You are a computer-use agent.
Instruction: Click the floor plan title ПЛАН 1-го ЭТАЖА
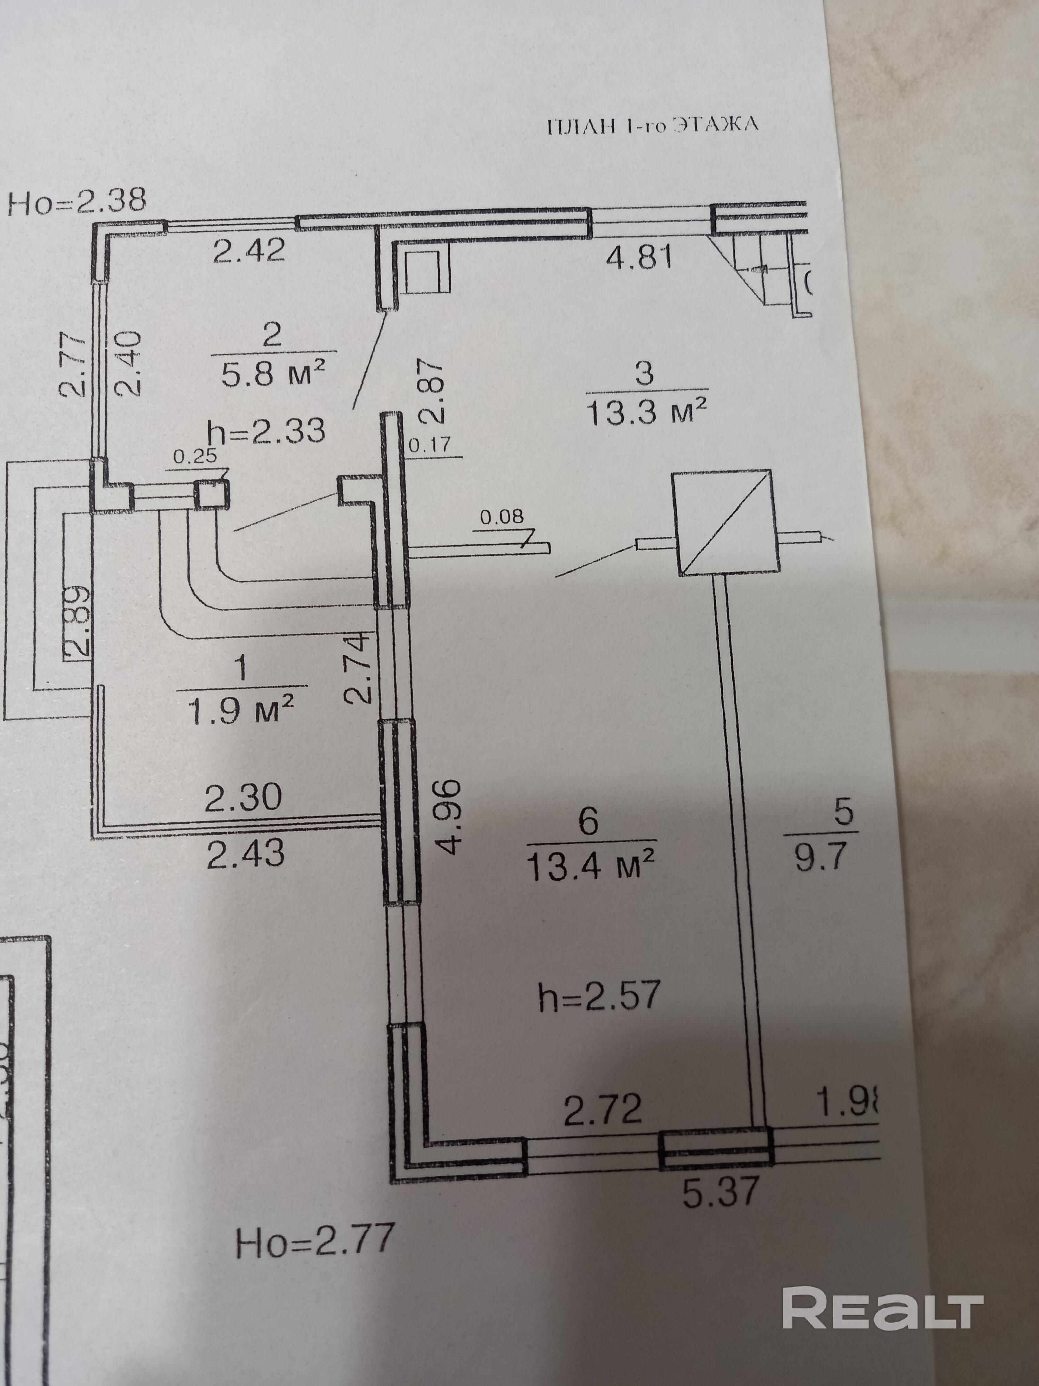point(652,125)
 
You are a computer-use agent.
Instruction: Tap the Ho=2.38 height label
point(77,202)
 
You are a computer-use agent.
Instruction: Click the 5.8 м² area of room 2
point(274,375)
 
